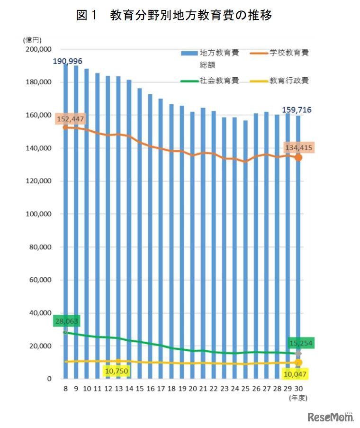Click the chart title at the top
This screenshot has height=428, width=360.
[174, 16]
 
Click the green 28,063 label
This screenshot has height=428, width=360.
[66, 321]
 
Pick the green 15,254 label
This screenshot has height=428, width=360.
[301, 343]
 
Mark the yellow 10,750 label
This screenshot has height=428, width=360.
[117, 371]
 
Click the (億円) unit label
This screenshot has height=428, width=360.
[31, 40]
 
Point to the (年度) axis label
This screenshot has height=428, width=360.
[298, 398]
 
